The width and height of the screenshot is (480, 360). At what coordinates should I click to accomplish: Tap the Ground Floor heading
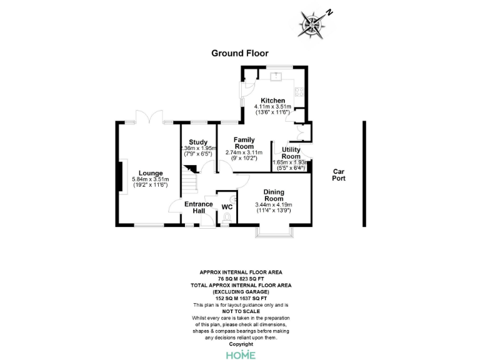[x=240, y=53]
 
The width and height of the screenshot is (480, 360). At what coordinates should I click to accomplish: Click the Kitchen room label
[x=273, y=101]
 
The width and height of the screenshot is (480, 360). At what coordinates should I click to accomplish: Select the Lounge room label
[x=151, y=173]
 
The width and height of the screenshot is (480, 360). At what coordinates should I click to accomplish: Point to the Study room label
[x=198, y=142]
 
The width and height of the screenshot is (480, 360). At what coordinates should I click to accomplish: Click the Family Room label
[x=244, y=142]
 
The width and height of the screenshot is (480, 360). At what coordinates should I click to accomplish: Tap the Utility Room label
[x=291, y=153]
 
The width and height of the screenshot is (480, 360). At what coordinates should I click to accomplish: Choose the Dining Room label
[x=274, y=195]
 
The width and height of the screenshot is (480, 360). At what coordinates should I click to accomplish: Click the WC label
[x=227, y=206]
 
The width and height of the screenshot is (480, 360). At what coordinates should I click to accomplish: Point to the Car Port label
[x=339, y=174]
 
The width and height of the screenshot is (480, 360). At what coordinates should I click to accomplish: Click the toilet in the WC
[x=227, y=217]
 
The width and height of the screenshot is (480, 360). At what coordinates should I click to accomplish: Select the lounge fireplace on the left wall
[x=120, y=172]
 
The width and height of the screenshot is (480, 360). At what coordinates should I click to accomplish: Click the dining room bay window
[x=273, y=234]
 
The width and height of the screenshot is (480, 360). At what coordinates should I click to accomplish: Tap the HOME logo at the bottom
[x=240, y=354]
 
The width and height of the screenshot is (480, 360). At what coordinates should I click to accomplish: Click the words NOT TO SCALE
[x=241, y=311]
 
